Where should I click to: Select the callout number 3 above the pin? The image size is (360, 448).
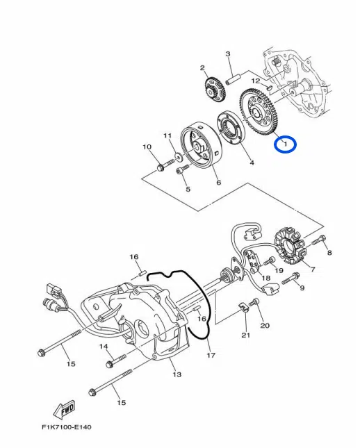click(227, 54)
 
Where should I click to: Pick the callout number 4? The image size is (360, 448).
click(252, 163)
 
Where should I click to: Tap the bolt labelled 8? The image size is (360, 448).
click(319, 242)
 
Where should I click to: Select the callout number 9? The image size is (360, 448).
click(302, 288)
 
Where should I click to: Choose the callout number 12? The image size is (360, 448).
click(256, 81)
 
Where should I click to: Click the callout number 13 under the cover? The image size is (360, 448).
click(177, 374)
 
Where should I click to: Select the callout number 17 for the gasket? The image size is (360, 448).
click(211, 356)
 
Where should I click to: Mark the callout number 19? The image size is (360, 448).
click(278, 270)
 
